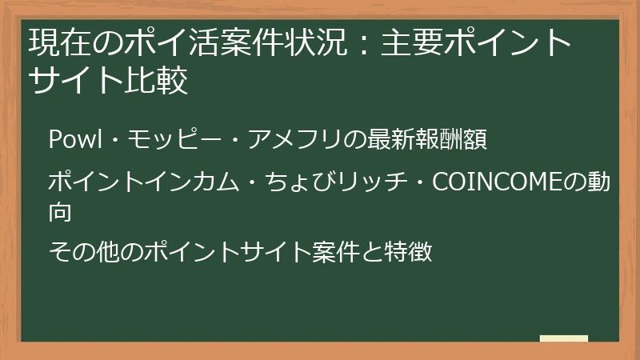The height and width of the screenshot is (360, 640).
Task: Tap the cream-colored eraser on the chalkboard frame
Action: click(563, 339)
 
